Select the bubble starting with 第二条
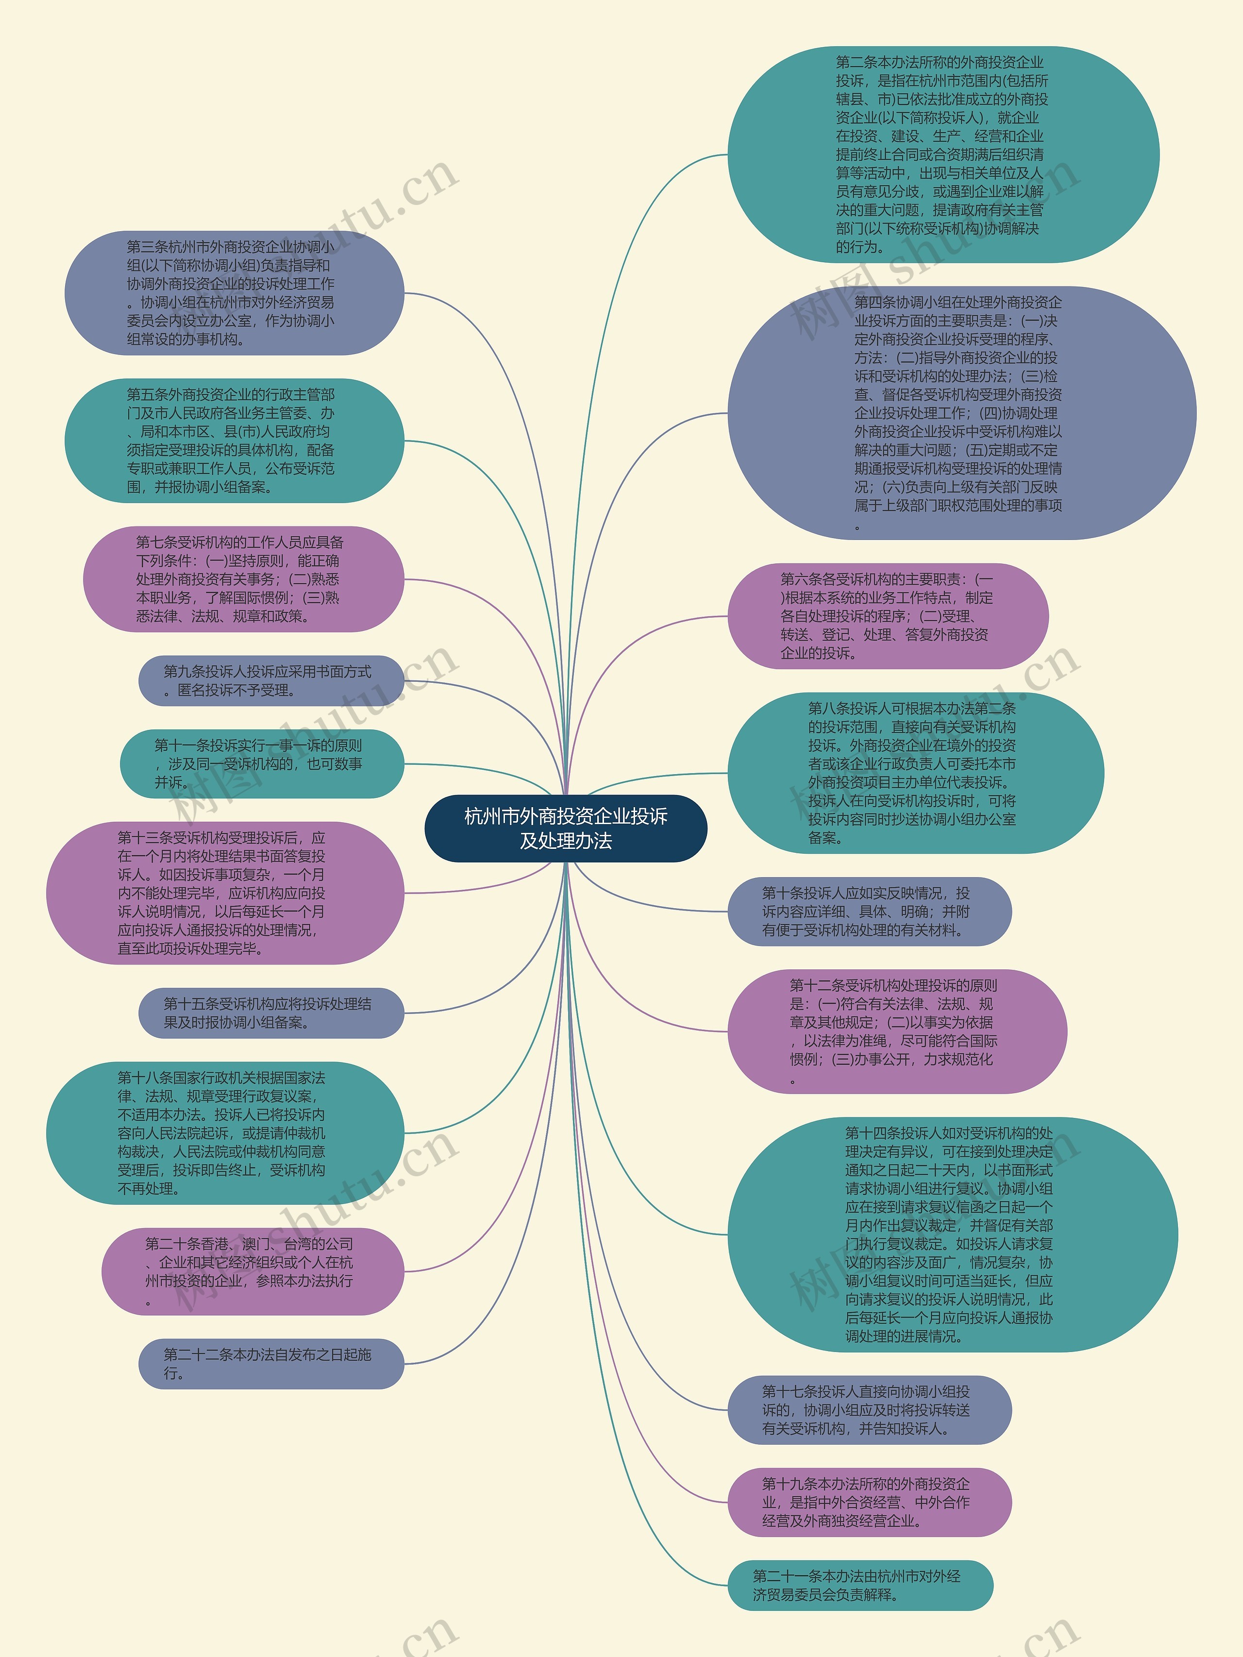tap(943, 155)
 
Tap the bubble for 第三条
tap(234, 293)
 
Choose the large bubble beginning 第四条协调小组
tap(961, 413)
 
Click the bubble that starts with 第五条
tap(234, 440)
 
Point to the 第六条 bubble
tap(887, 616)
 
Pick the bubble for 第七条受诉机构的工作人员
tap(243, 579)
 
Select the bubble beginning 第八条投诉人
tap(915, 773)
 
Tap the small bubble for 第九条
tap(270, 681)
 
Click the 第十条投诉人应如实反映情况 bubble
tap(869, 911)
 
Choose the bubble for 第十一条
tap(261, 763)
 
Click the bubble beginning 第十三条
tap(225, 893)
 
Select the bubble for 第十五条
tap(270, 1013)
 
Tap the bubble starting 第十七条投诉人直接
tap(869, 1410)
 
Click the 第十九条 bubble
tap(869, 1502)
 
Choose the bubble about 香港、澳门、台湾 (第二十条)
tap(252, 1271)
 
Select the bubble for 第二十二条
tap(270, 1363)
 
